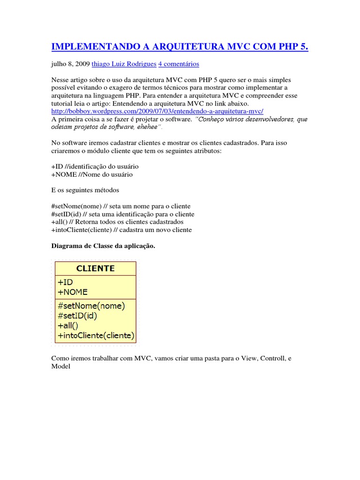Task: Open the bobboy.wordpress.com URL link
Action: pos(157,111)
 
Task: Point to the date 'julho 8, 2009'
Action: pos(70,64)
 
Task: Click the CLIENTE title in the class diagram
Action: pos(96,268)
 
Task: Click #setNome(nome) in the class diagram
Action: pos(91,306)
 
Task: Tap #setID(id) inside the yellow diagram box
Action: pos(77,315)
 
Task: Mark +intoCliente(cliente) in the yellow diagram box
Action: pos(96,335)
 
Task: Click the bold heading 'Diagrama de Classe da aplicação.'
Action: pos(103,246)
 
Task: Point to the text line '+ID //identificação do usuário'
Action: pos(95,166)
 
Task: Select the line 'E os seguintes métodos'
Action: pos(85,190)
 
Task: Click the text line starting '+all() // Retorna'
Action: pos(117,222)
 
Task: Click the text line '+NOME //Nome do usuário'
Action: pos(92,174)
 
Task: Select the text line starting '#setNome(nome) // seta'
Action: pos(120,206)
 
